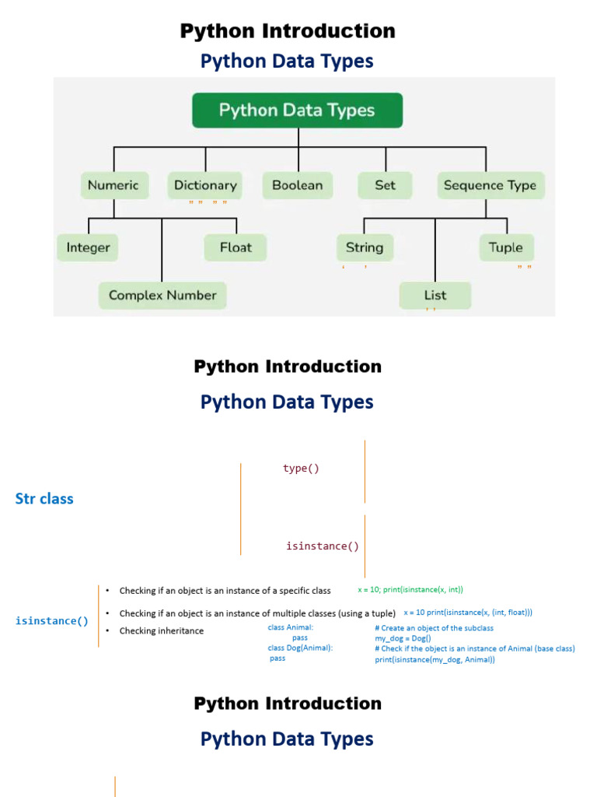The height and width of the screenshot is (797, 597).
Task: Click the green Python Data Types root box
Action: tap(297, 111)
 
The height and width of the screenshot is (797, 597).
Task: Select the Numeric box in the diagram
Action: tap(113, 185)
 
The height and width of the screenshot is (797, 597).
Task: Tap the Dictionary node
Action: tap(205, 185)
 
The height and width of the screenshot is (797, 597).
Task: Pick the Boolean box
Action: tap(297, 185)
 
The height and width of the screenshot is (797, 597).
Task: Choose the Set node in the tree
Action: tap(385, 185)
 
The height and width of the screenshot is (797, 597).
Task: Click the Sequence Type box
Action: tap(490, 185)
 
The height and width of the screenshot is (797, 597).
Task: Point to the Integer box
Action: tap(88, 248)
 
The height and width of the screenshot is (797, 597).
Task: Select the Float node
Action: tap(236, 248)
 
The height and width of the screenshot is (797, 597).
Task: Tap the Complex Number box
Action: tap(162, 295)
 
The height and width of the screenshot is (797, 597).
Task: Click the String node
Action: tap(365, 248)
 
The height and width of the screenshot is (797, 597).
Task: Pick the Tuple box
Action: tap(506, 248)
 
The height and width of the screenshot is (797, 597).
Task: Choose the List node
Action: tap(435, 296)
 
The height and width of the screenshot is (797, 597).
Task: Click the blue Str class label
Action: tap(44, 499)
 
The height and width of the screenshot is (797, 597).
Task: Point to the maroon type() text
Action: tap(301, 469)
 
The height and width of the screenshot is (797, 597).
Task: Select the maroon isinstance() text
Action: tap(323, 546)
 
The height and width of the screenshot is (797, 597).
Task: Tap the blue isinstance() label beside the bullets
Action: tap(52, 621)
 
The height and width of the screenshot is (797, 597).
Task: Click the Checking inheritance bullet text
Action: tap(161, 631)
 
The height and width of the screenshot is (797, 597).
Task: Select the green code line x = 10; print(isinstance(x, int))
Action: tap(410, 590)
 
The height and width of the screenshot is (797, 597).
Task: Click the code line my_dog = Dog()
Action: tap(403, 638)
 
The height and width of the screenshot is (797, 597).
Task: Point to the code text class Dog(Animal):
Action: tap(300, 648)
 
